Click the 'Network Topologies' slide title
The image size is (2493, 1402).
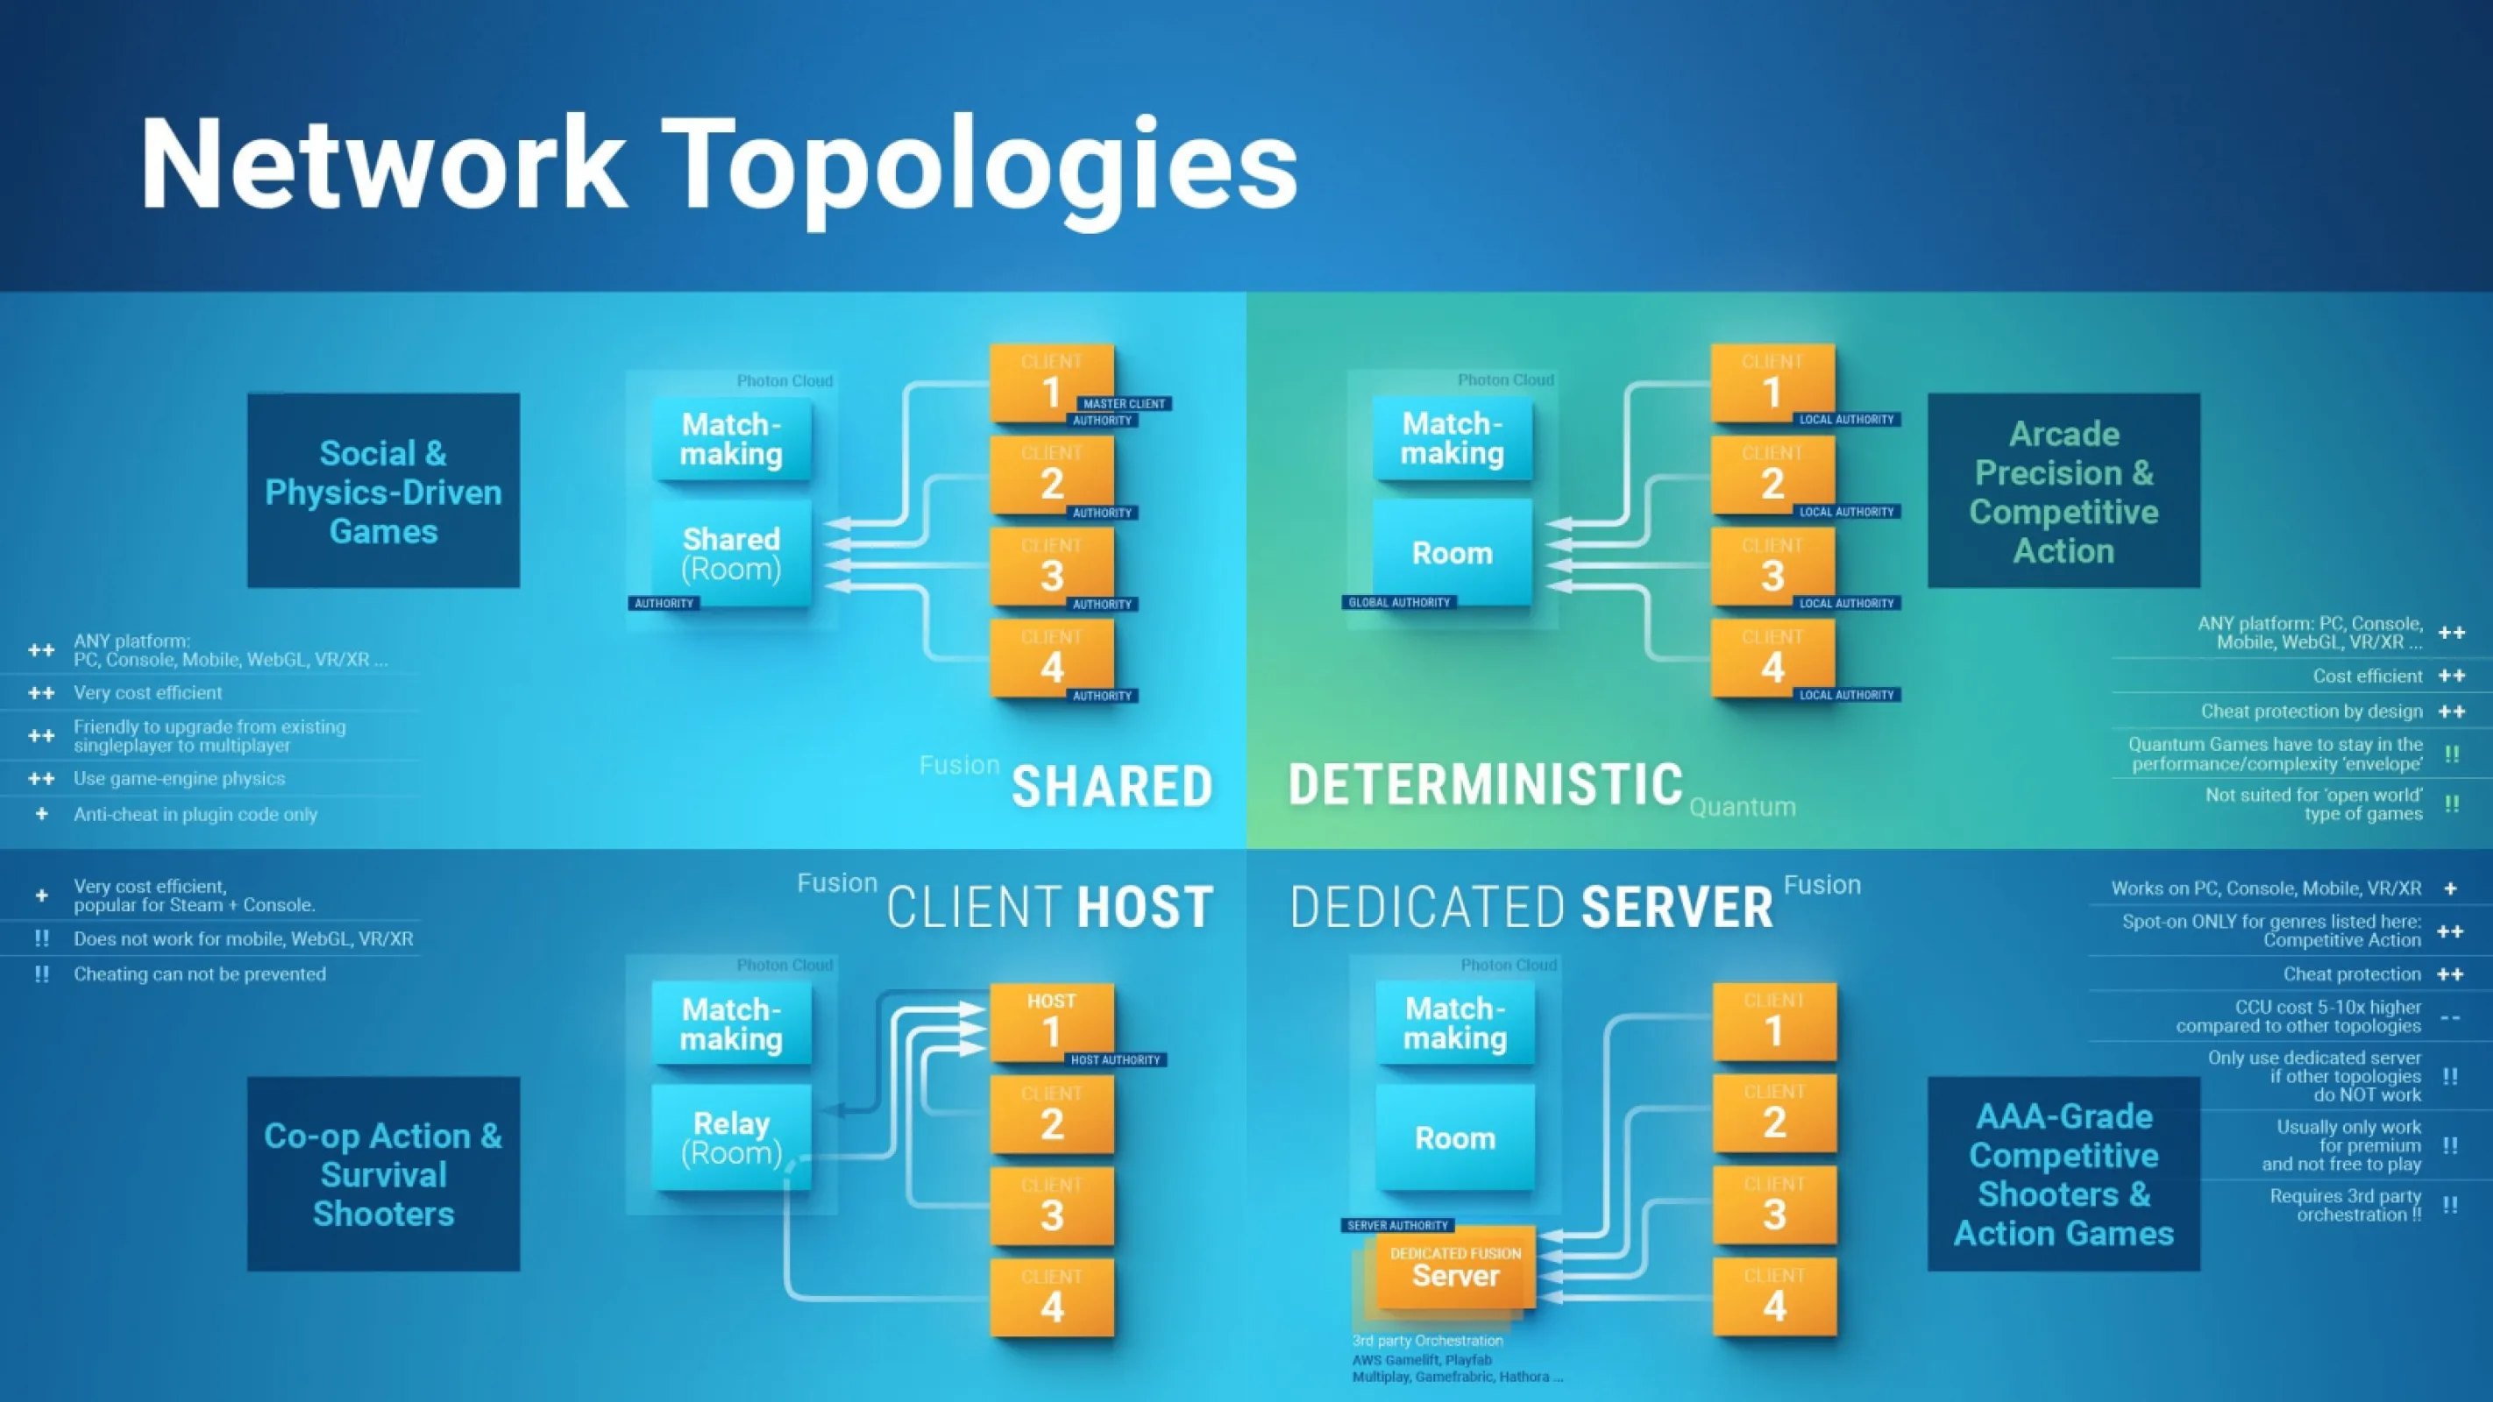[x=718, y=165]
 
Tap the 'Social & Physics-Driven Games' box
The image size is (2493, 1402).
[x=383, y=491]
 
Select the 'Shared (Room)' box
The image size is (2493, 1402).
[x=731, y=554]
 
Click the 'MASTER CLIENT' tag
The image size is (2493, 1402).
[x=1124, y=403]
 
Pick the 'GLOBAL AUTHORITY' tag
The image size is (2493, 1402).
[x=1399, y=603]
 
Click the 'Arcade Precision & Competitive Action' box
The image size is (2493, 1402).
[x=2063, y=491]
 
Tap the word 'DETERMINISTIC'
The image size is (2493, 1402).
[x=1486, y=785]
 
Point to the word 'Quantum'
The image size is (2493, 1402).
[x=1742, y=807]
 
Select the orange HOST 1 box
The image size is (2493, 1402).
[x=1051, y=1021]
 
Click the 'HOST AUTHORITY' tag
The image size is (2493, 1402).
[x=1115, y=1060]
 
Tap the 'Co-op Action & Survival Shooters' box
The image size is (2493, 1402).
[x=383, y=1173]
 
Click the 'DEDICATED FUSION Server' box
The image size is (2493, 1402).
[x=1454, y=1268]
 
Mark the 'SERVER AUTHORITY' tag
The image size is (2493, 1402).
[x=1397, y=1226]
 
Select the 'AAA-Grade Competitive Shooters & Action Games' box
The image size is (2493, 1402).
[x=2063, y=1173]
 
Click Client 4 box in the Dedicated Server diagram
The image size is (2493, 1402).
[x=1774, y=1298]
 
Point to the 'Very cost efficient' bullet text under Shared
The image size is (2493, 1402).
[x=148, y=693]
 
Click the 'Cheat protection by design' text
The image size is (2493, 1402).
[x=2311, y=712]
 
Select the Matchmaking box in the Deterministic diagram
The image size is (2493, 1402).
[x=1452, y=438]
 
